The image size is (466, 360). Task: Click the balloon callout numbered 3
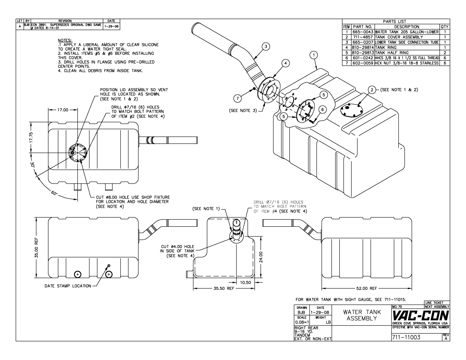[x=266, y=46]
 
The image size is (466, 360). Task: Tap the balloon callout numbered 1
[x=314, y=55]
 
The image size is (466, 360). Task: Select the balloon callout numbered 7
[x=238, y=98]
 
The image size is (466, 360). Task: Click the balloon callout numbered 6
[x=323, y=109]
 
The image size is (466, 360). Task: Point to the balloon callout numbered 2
[x=372, y=90]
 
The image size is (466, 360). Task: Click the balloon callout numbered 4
[x=286, y=64]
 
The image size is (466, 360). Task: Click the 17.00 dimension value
[x=63, y=110]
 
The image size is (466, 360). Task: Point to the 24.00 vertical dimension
[x=261, y=257]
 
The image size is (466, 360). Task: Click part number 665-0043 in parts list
[x=363, y=32]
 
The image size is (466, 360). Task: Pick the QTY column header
[x=445, y=27]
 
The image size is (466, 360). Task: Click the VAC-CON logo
[x=421, y=315]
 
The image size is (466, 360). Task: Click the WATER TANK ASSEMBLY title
[x=362, y=315]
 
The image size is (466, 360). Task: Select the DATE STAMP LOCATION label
[x=68, y=286]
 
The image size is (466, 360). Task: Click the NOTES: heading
[x=65, y=40]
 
